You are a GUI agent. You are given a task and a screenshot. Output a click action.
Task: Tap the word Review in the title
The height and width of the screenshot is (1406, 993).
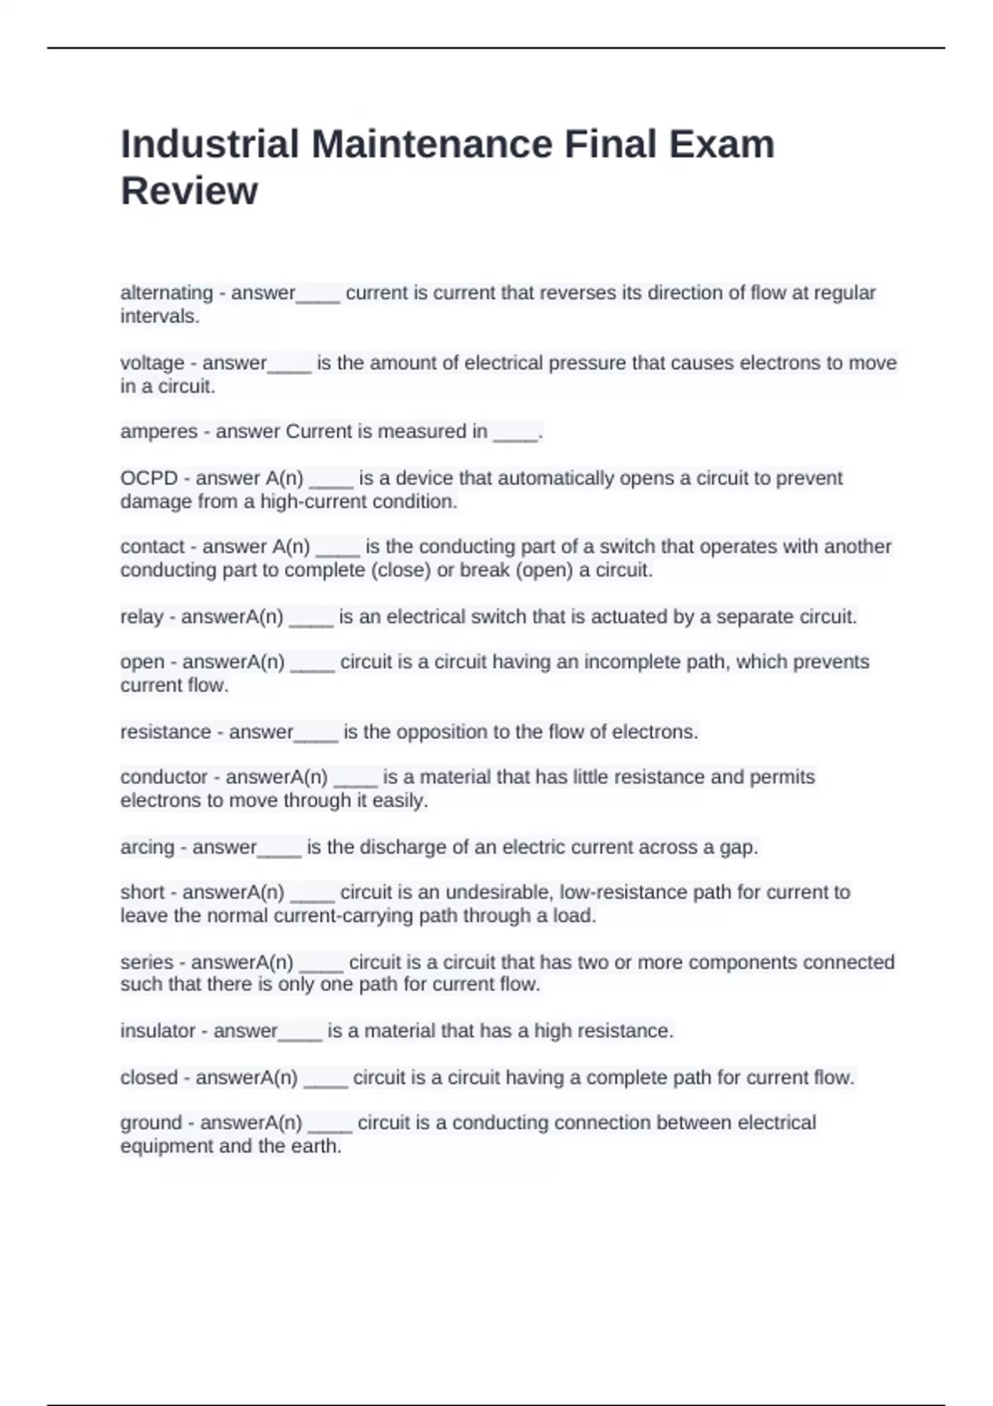pyautogui.click(x=189, y=191)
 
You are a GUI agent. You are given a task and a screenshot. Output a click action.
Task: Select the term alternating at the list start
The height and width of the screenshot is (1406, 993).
pyautogui.click(x=166, y=293)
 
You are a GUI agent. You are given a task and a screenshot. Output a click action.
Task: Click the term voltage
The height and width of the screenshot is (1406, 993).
pyautogui.click(x=152, y=363)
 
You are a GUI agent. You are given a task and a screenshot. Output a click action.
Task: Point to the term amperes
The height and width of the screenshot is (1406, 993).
pyautogui.click(x=159, y=432)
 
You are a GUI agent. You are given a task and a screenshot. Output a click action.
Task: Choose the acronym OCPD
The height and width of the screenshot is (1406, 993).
pyautogui.click(x=149, y=478)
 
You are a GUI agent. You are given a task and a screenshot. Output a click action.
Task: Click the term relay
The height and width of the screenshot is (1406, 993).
pyautogui.click(x=142, y=617)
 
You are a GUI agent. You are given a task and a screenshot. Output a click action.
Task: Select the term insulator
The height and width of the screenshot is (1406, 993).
pyautogui.click(x=158, y=1031)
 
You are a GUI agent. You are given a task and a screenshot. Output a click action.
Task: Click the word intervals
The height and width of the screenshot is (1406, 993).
pyautogui.click(x=160, y=317)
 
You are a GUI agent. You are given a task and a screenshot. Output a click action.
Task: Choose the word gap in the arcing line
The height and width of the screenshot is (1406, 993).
pyautogui.click(x=741, y=848)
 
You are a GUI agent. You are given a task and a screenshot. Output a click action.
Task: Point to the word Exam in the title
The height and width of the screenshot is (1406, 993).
pyautogui.click(x=722, y=144)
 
